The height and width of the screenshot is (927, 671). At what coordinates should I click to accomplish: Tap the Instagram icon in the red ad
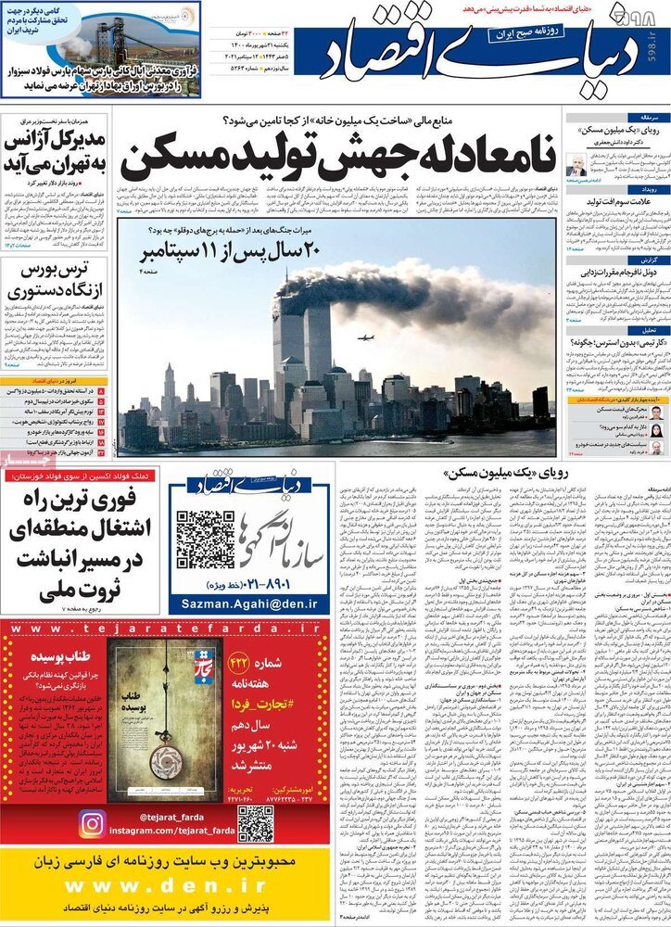click(92, 824)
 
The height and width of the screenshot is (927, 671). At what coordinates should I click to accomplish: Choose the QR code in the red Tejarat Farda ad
click(254, 824)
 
